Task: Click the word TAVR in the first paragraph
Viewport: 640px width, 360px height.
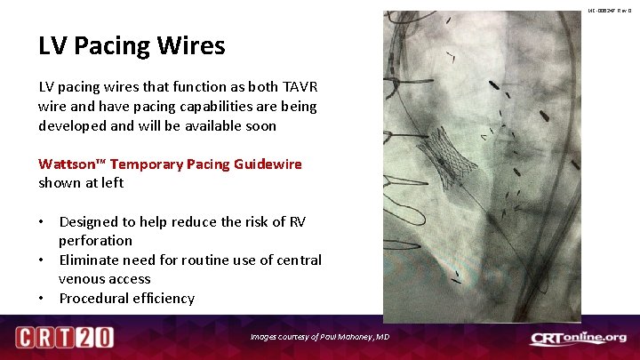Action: coord(300,86)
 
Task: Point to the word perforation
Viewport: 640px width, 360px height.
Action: coord(95,241)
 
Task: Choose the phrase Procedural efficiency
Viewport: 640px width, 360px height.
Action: coord(126,298)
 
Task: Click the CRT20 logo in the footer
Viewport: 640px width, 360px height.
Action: coord(64,338)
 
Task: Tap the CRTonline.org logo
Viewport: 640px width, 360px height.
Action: coord(578,338)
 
